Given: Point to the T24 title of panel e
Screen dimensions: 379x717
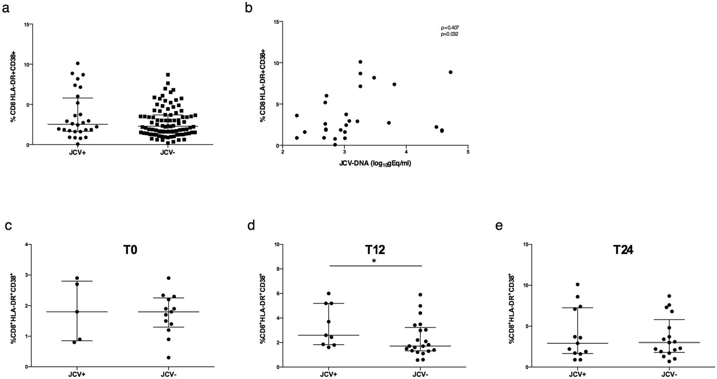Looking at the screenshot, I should tap(623, 251).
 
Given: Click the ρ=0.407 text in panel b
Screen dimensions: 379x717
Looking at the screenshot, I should tap(449, 28).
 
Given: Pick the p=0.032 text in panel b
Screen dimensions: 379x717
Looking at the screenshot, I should tap(449, 34).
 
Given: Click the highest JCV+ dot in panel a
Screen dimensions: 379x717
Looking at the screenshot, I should tap(77, 63).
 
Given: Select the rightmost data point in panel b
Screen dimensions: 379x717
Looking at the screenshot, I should tap(451, 72).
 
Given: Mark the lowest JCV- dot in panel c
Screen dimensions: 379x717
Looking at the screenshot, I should tap(168, 358).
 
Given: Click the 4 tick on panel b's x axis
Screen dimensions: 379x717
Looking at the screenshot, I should tap(406, 152).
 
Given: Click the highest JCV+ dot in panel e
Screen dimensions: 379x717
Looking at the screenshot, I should tap(578, 284).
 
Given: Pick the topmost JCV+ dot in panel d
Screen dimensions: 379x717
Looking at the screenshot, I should tap(329, 293).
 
